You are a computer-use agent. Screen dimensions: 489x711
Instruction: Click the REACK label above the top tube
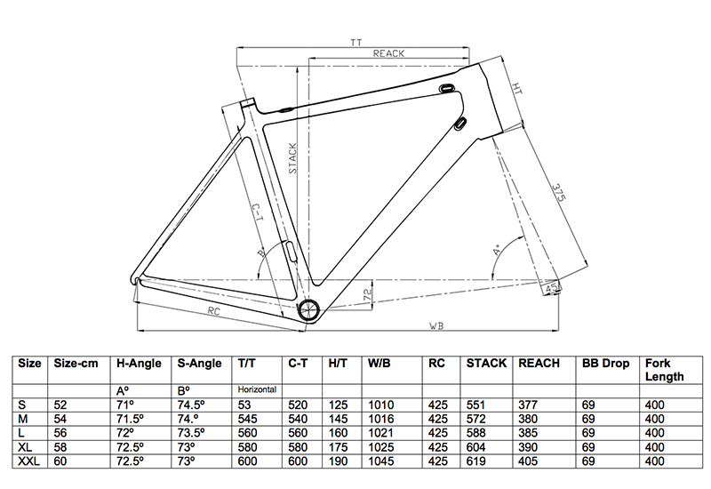tap(388, 54)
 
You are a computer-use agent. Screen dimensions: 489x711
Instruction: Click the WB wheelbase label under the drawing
tap(435, 325)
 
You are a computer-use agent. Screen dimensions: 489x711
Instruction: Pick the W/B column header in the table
tap(380, 364)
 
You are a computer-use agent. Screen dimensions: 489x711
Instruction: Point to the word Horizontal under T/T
tap(257, 389)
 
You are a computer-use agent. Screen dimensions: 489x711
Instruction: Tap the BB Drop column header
tap(605, 364)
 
